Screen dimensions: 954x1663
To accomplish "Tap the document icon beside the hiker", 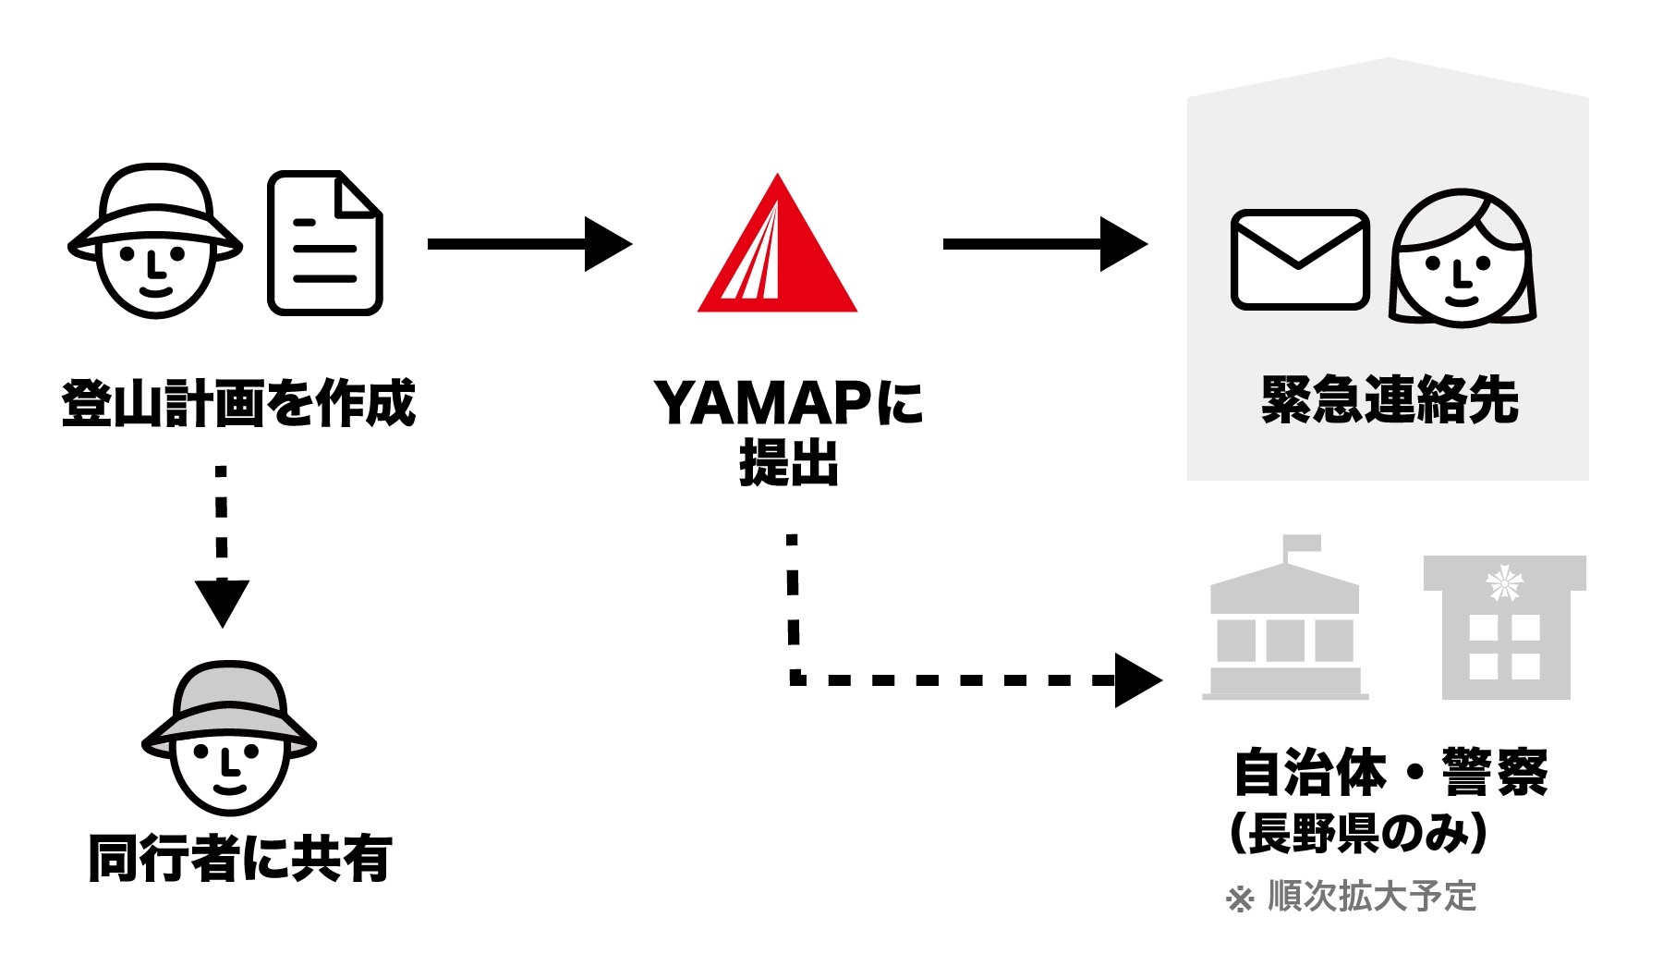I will pos(325,243).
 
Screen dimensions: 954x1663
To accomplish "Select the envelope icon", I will pos(1299,260).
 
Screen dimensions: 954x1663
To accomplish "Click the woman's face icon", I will pos(1462,259).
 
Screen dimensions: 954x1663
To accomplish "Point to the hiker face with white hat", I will pos(155,242).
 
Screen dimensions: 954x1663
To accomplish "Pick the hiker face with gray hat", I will pos(229,738).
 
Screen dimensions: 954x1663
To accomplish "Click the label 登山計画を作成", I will pos(238,403).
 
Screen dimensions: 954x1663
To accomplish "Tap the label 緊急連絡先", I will pos(1390,399).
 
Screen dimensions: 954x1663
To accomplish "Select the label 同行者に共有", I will pos(240,858).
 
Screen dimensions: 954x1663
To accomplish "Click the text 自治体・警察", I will pos(1390,773).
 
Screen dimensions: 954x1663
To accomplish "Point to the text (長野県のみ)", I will pos(1358,832).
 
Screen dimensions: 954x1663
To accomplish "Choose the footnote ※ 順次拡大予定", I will pos(1351,897).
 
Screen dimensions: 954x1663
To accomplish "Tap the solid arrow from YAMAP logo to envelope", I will pos(1044,244).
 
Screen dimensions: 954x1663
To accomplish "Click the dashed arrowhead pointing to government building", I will pos(1136,680).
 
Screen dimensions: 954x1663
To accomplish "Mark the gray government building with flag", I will pos(1285,629).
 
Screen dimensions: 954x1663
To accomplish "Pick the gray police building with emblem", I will pos(1505,629).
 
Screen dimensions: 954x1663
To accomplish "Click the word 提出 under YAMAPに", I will pos(788,462).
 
